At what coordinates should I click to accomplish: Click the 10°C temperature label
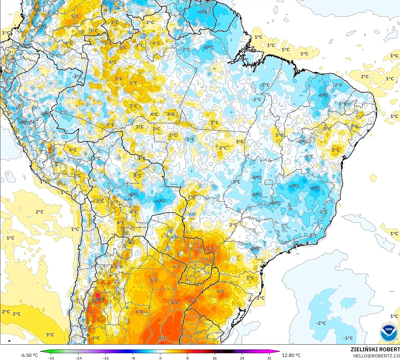coord(98,300)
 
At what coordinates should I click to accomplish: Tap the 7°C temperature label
coord(194,300)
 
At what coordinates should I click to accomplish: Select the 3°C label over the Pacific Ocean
coord(50,335)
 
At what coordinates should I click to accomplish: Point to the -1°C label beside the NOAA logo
coord(348,338)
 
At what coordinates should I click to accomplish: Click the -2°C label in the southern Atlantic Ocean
coord(321,323)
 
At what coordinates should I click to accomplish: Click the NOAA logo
coord(389,333)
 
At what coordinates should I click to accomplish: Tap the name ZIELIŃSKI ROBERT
coord(375,349)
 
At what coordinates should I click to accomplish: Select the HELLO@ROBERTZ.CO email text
coord(376,356)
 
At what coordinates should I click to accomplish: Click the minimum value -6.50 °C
coord(29,355)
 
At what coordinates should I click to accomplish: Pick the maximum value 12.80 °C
coord(291,355)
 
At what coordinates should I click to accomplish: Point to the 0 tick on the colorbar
coord(160,358)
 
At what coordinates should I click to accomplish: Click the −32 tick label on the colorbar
coord(51,358)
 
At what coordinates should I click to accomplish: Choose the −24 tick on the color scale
coord(78,358)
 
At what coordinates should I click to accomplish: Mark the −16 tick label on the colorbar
coord(105,358)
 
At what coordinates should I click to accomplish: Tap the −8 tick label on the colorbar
coord(133,358)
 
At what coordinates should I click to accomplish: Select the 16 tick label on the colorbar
coord(215,358)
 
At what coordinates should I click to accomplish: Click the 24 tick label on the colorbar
coord(242,358)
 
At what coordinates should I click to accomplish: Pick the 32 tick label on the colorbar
coord(269,358)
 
